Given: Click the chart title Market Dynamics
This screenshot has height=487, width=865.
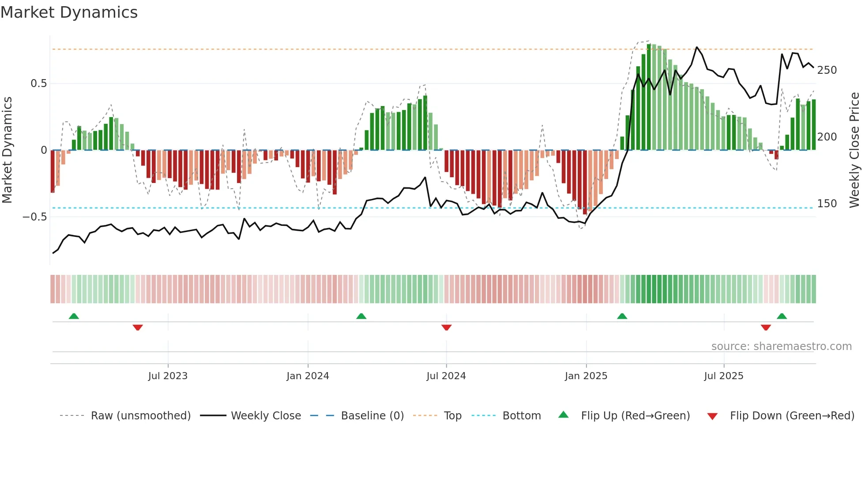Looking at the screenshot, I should click(69, 12).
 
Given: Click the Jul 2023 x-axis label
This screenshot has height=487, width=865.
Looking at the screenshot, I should click(168, 376).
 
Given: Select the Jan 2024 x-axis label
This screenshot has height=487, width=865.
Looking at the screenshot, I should click(308, 376).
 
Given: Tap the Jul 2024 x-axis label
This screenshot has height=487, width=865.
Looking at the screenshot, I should click(446, 376).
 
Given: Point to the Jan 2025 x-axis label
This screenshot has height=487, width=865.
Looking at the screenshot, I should click(586, 376).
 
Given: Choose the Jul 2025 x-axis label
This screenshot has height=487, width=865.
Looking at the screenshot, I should click(723, 376).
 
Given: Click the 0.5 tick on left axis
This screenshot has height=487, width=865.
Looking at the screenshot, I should click(38, 84).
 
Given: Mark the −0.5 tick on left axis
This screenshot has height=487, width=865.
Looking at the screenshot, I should click(34, 217).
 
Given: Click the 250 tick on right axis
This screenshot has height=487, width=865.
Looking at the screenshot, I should click(827, 70).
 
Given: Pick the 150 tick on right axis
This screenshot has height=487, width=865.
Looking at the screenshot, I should click(827, 204).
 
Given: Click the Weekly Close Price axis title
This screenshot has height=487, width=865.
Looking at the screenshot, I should click(854, 150).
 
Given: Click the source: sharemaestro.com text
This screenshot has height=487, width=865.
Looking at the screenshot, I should click(781, 346).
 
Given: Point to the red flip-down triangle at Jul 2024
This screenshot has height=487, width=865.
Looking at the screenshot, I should click(446, 327).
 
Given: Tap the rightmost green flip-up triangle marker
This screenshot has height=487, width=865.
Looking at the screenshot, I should click(782, 316).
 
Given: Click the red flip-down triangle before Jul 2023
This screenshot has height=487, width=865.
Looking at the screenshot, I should click(138, 327).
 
